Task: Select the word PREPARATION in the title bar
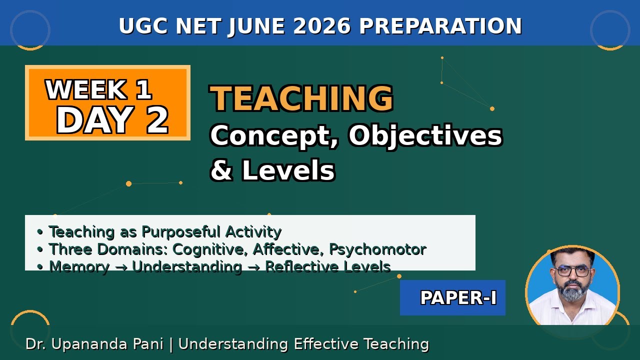pyautogui.click(x=440, y=26)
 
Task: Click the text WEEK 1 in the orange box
pyautogui.click(x=98, y=90)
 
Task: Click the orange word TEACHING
pyautogui.click(x=301, y=98)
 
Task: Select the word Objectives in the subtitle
pyautogui.click(x=425, y=135)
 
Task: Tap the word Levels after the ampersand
pyautogui.click(x=288, y=170)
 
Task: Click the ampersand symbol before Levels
pyautogui.click(x=221, y=170)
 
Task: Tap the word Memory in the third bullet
pyautogui.click(x=79, y=266)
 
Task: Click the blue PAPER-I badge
pyautogui.click(x=452, y=298)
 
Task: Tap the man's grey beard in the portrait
pyautogui.click(x=573, y=292)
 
